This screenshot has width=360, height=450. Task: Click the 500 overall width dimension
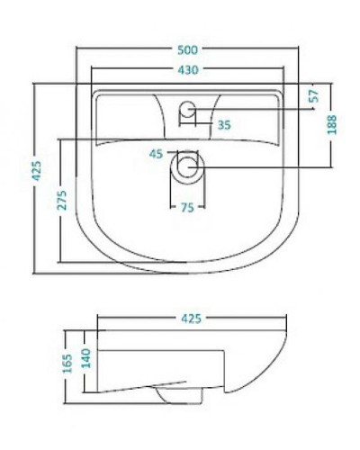pos(188,46)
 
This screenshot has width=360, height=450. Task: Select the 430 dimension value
pos(188,69)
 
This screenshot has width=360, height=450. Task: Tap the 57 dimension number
pos(314,97)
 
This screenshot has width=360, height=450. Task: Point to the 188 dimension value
pos(332,125)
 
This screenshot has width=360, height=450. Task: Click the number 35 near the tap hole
pos(224,125)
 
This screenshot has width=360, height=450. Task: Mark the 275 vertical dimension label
pos(62,200)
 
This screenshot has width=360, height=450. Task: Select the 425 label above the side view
pos(192,319)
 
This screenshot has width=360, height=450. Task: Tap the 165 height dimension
pos(69,362)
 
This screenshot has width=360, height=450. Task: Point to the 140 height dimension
pos(87,358)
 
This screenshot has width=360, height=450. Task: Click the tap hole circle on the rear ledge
pos(188,111)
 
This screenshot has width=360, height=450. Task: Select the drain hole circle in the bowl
pos(188,166)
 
